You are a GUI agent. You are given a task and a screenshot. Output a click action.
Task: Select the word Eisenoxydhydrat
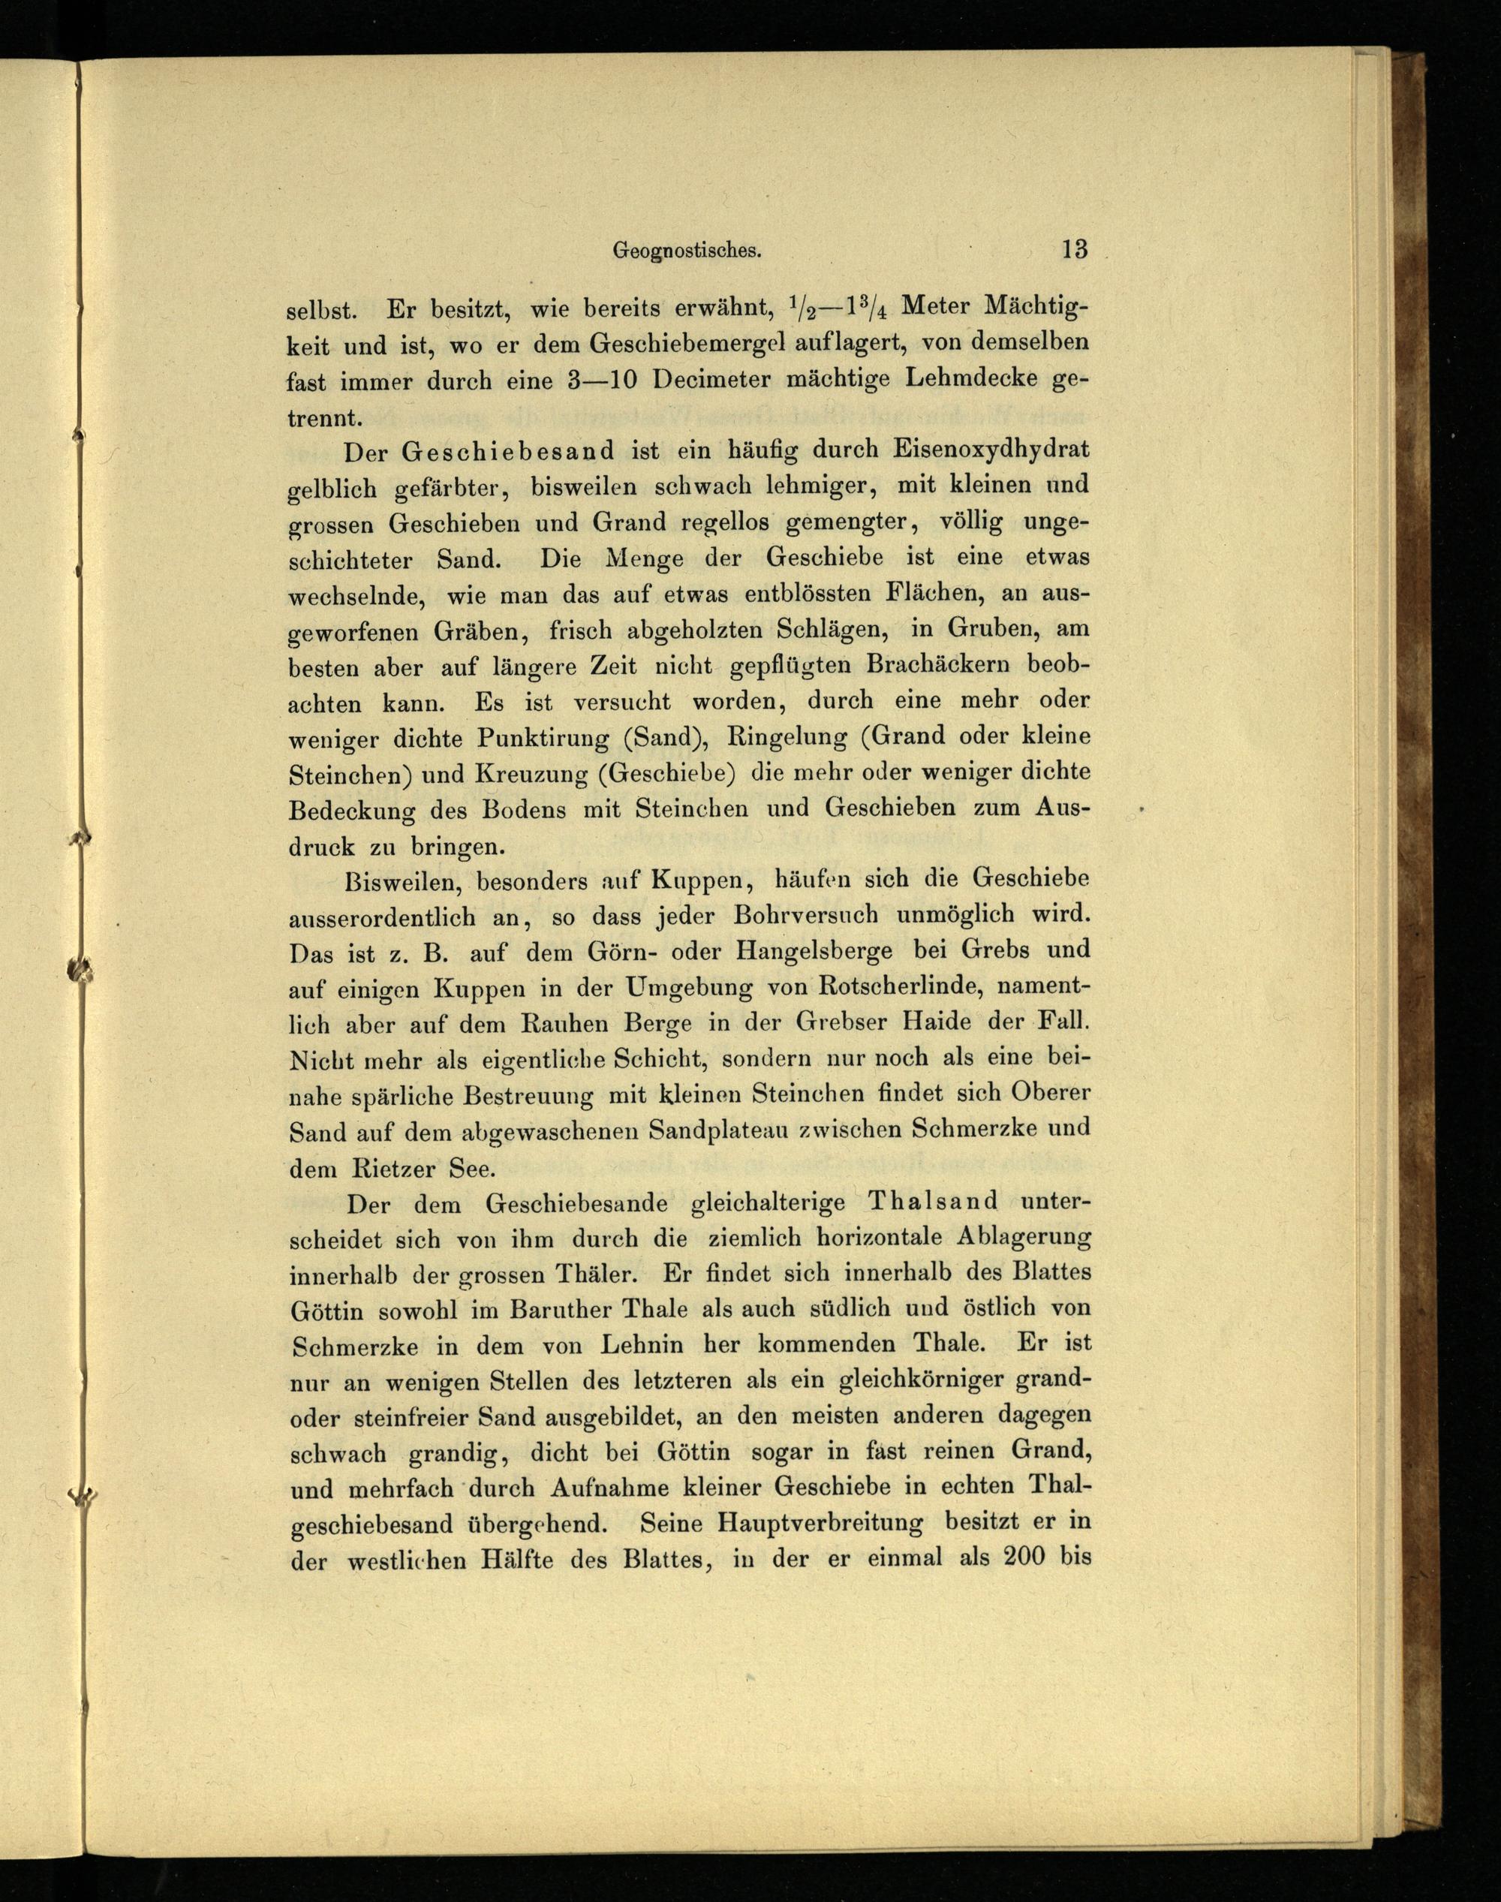point(991,450)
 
